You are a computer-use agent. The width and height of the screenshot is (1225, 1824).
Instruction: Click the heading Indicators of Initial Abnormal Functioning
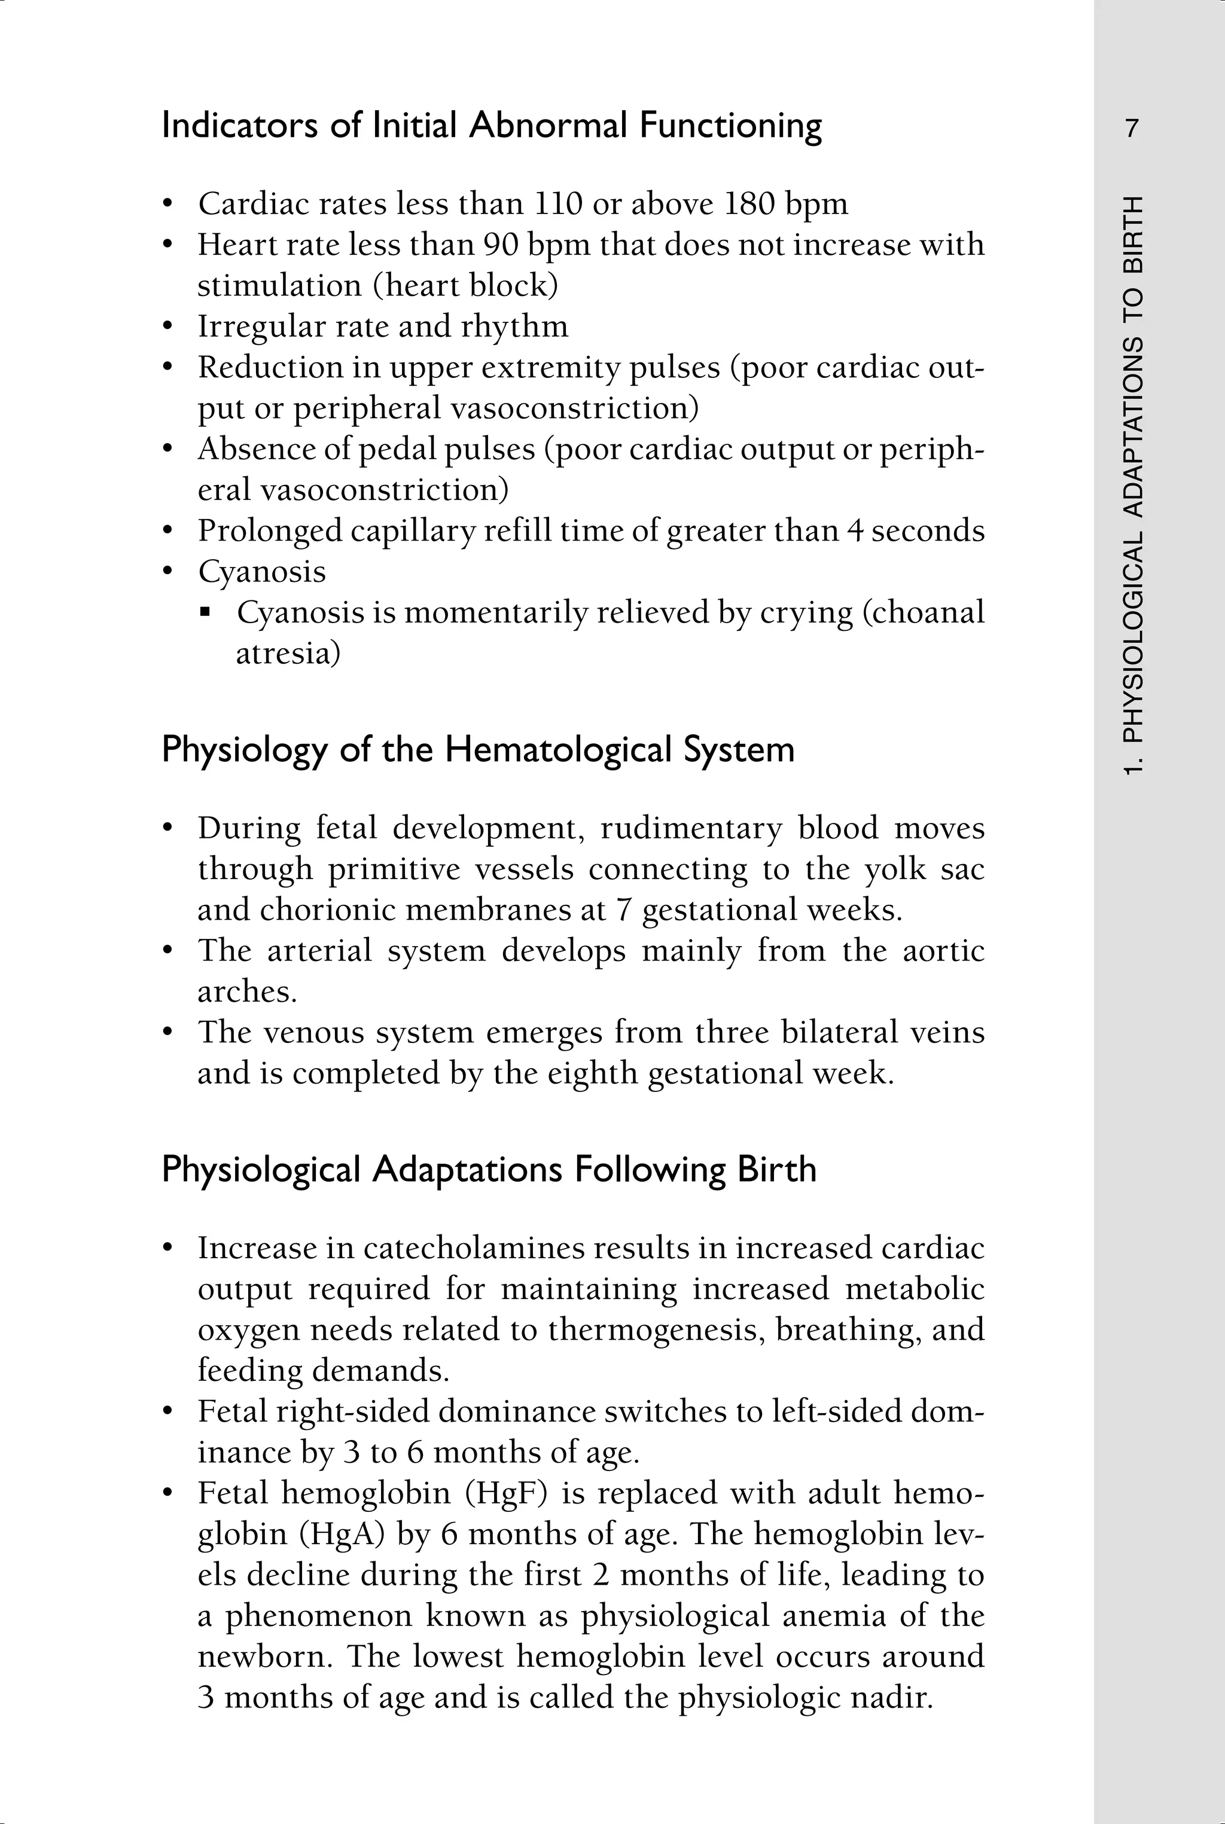(492, 126)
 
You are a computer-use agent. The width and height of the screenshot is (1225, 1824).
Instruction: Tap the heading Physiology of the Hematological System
(477, 750)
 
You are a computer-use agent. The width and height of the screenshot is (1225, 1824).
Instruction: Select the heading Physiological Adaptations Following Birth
(488, 1169)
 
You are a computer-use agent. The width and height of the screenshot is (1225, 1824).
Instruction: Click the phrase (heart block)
(465, 286)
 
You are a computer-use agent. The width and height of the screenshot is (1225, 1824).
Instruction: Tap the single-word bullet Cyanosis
(262, 572)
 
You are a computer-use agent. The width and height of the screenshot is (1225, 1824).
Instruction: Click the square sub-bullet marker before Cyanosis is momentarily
(206, 613)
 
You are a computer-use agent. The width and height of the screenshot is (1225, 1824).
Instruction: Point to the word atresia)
(288, 654)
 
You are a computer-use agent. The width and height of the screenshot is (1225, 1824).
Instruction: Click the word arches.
(247, 992)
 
